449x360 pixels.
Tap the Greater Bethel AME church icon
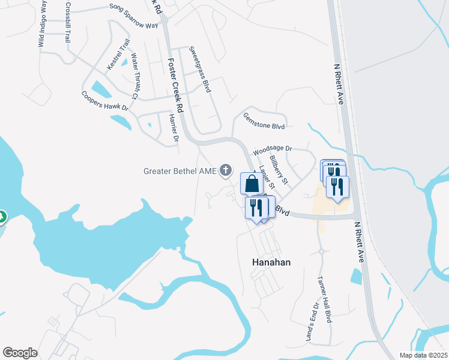pos(226,171)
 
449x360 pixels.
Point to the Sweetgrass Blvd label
pos(200,69)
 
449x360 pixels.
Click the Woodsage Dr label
pos(272,149)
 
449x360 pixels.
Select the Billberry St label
pos(279,170)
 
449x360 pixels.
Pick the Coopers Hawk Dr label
pos(105,100)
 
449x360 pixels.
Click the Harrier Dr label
pos(173,128)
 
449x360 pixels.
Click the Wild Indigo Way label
pos(42,24)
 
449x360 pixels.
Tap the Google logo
pos(20,353)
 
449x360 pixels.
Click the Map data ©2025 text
pos(423,355)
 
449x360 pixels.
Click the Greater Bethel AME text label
pos(179,171)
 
